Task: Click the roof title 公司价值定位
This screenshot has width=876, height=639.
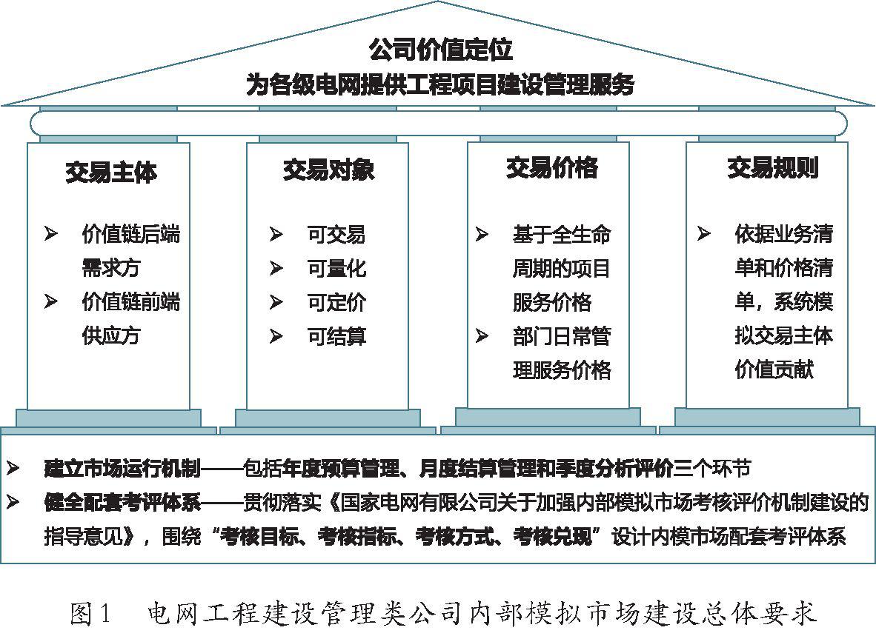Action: point(440,49)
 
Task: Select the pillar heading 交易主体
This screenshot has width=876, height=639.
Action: point(111,172)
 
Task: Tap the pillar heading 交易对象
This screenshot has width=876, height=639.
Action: point(328,170)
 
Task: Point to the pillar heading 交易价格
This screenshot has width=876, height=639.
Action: point(552,167)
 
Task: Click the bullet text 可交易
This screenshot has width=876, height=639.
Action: point(336,235)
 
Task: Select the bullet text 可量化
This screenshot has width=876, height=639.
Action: point(336,269)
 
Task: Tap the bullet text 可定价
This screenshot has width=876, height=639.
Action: point(336,303)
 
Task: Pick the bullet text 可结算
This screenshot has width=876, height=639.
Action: point(336,336)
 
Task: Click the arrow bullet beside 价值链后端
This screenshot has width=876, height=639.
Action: point(51,234)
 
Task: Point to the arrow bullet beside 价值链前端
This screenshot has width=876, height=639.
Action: point(51,302)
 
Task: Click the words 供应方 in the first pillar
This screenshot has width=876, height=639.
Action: point(110,335)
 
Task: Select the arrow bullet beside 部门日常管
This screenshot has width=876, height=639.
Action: point(482,336)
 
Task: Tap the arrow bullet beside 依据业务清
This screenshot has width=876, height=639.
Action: point(703,233)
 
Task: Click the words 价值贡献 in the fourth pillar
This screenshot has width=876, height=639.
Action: point(774,369)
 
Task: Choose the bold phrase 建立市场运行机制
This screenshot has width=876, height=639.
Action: point(122,468)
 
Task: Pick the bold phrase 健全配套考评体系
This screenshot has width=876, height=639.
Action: point(122,502)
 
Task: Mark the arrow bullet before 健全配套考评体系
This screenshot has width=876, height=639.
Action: point(13,502)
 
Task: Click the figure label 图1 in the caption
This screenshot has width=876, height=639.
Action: point(90,614)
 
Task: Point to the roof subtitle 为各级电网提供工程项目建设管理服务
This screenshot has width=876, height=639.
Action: point(440,85)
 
